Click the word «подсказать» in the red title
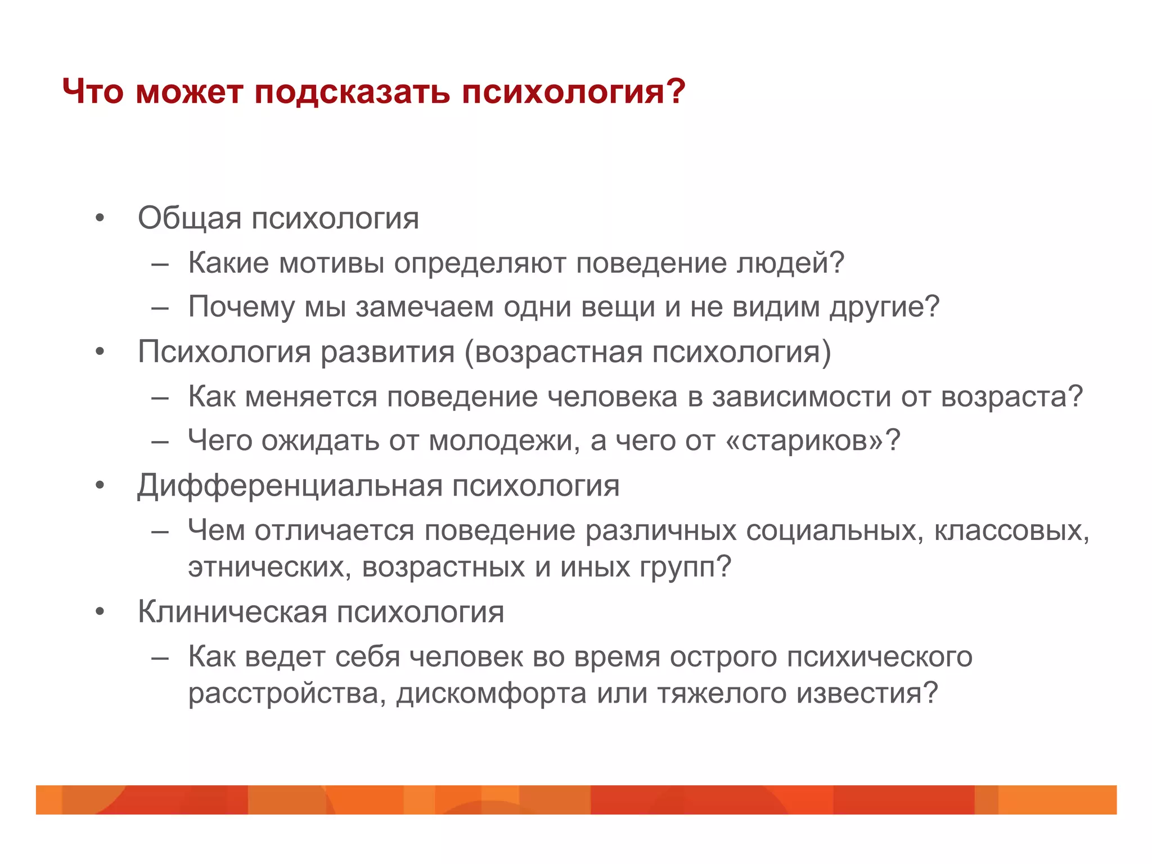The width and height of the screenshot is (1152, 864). tap(352, 91)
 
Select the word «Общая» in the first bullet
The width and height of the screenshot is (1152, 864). tap(190, 218)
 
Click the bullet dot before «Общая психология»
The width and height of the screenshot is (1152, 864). tap(100, 218)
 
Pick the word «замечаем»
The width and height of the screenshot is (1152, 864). tap(424, 307)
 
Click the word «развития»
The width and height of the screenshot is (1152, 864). tap(387, 352)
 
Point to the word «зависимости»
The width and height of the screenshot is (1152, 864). tap(802, 397)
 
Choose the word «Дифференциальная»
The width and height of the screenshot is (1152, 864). tap(290, 486)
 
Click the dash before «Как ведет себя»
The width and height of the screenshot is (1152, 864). tap(160, 657)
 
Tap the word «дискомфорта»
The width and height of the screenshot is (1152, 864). tap(492, 693)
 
